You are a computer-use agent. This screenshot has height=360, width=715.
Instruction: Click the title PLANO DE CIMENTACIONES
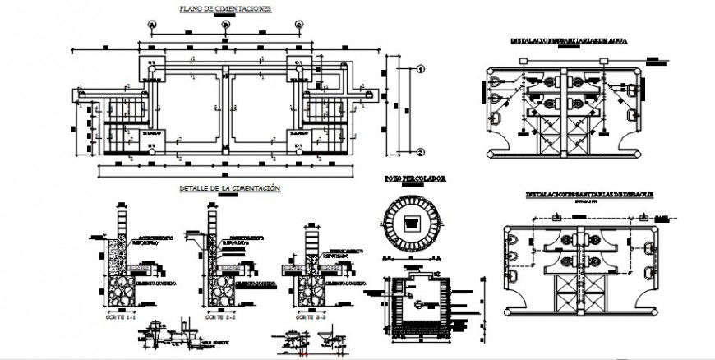point(225,9)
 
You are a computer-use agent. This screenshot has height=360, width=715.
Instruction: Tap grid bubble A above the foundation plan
point(153,25)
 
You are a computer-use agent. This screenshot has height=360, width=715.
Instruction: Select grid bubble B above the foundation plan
point(225,25)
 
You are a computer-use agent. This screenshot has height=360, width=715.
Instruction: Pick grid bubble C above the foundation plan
point(299,25)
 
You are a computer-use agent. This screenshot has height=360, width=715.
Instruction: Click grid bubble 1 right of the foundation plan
point(419,70)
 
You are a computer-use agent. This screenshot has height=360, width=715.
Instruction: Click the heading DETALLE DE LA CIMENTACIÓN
point(230,188)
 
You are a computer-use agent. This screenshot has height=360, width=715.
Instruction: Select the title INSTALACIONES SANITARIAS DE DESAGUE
point(579,195)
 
